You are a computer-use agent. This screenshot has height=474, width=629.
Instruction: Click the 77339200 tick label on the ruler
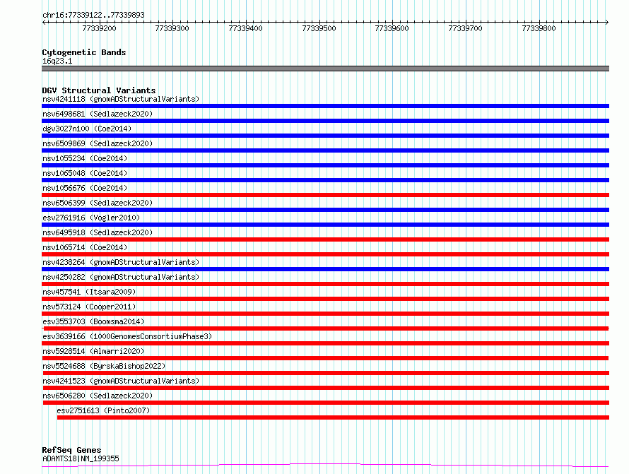(99, 28)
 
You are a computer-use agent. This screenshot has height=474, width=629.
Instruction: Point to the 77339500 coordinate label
(319, 28)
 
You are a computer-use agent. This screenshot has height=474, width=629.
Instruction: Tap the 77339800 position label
(539, 28)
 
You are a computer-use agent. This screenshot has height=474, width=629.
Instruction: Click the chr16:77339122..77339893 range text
(93, 16)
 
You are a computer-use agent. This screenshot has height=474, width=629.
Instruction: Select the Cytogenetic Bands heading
(84, 52)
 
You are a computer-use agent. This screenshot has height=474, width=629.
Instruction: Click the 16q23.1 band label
(57, 61)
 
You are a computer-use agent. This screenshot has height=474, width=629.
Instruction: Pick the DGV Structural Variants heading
(99, 90)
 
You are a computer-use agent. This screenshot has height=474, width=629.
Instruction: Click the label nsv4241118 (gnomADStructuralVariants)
(121, 99)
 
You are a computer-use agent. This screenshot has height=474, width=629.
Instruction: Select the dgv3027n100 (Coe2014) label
(87, 129)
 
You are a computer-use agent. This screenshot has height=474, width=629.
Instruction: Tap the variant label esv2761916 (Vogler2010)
(91, 218)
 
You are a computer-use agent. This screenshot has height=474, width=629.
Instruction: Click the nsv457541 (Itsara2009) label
(89, 292)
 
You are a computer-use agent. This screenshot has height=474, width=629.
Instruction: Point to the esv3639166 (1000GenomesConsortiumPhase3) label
(127, 336)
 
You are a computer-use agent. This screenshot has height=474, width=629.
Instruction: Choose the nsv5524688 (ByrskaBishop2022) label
(104, 366)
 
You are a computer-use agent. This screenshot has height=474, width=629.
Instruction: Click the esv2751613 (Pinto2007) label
(103, 410)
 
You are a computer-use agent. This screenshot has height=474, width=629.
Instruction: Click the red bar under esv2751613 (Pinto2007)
(333, 417)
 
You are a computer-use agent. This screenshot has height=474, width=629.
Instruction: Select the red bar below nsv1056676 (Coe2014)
(325, 195)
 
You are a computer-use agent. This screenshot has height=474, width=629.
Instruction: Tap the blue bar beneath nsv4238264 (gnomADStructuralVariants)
(325, 269)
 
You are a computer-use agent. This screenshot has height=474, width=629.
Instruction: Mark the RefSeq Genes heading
(71, 450)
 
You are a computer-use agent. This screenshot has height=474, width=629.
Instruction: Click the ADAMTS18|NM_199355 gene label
(81, 458)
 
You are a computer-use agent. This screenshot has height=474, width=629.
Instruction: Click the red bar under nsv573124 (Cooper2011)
(325, 314)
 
